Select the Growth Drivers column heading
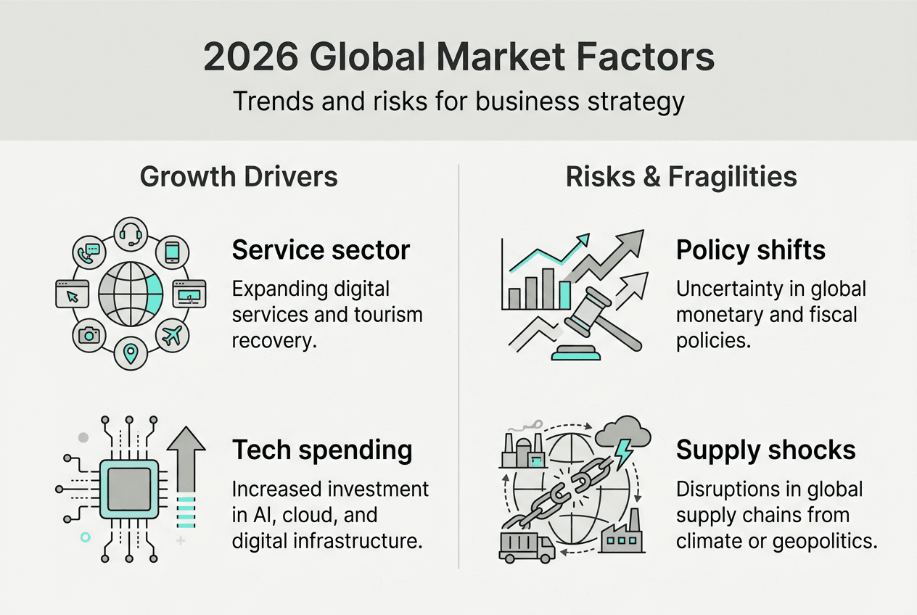pos(239,177)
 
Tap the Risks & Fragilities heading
pos(681,177)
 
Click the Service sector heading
pos(321,250)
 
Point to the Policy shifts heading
pos(751,250)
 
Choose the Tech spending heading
pos(322,450)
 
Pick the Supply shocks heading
pos(766,450)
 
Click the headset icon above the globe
pos(131,234)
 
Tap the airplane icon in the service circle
pos(173,335)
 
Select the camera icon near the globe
pos(90,335)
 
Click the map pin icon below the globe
pos(131,354)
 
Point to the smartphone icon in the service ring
pos(173,252)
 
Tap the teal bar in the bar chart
pos(565,294)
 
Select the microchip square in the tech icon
pos(128,487)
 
